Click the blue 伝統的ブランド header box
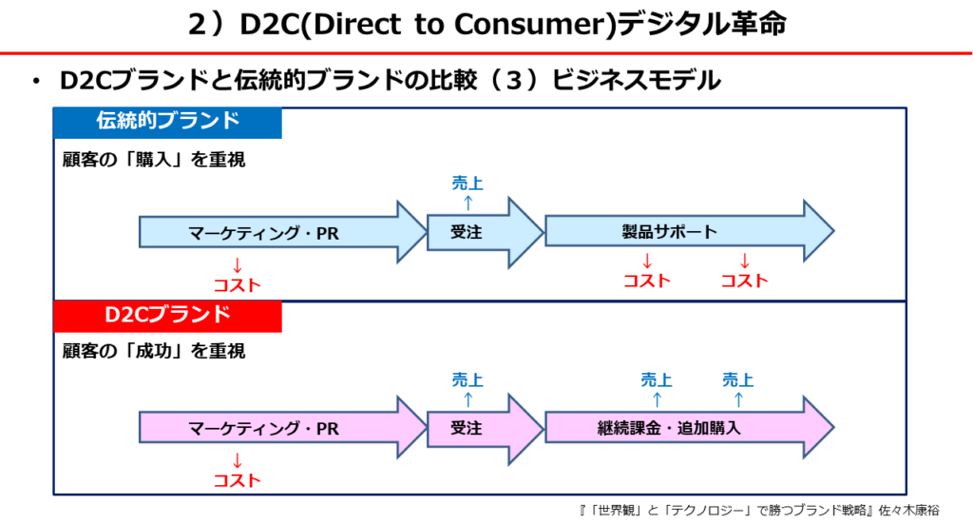coord(167,123)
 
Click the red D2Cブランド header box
coord(167,316)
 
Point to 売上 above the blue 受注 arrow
coord(467,184)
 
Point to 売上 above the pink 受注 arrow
coord(467,380)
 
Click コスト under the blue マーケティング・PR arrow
coord(237,284)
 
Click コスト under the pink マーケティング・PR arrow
coord(237,480)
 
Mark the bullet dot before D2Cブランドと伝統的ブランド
coord(35,83)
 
